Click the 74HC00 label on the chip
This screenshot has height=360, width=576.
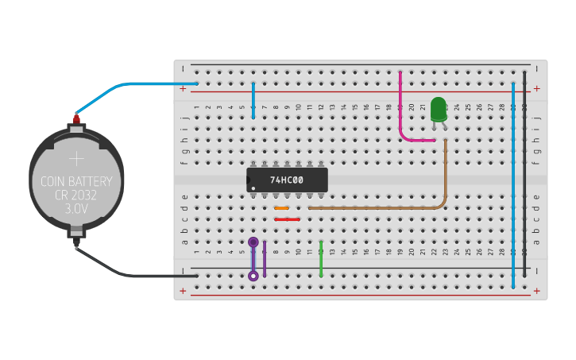click(x=286, y=180)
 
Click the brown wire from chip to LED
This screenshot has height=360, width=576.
click(x=381, y=208)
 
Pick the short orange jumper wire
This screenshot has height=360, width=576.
click(x=281, y=208)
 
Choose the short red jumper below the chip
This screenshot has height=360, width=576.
click(x=287, y=219)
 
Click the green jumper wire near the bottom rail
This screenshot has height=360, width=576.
click(x=321, y=259)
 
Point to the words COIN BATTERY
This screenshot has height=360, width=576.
click(x=76, y=182)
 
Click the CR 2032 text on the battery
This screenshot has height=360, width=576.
click(x=76, y=195)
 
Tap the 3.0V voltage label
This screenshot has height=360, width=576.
click(x=76, y=209)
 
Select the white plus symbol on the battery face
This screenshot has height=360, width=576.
click(x=76, y=157)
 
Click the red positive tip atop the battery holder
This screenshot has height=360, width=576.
click(x=77, y=118)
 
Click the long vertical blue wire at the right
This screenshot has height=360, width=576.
click(x=513, y=183)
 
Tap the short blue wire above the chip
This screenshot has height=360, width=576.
click(x=253, y=100)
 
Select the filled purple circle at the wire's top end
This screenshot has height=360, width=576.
click(x=253, y=242)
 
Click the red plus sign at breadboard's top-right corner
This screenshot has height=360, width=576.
click(x=536, y=88)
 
